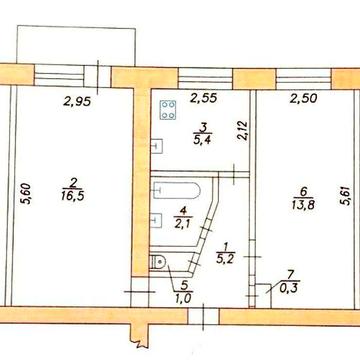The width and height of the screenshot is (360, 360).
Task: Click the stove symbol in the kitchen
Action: tap(168, 110)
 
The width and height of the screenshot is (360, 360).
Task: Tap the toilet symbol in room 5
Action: tap(157, 262)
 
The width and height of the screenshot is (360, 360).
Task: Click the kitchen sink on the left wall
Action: tap(157, 146)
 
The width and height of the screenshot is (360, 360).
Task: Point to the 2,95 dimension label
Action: tap(77, 101)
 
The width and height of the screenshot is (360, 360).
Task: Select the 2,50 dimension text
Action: tap(303, 99)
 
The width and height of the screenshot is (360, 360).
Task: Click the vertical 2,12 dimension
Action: tap(244, 130)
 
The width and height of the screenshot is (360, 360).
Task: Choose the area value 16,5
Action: tap(72, 196)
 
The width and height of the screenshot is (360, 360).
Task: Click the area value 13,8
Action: tap(303, 204)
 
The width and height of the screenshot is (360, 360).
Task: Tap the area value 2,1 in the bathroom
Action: tap(182, 222)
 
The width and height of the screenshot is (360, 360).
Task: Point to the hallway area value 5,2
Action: tap(226, 259)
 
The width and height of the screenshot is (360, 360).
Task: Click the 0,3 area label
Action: tap(289, 288)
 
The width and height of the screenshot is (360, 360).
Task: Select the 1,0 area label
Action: tap(183, 297)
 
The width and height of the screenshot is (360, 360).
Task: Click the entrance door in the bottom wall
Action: tap(203, 316)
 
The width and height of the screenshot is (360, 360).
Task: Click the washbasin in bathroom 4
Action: tap(157, 220)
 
